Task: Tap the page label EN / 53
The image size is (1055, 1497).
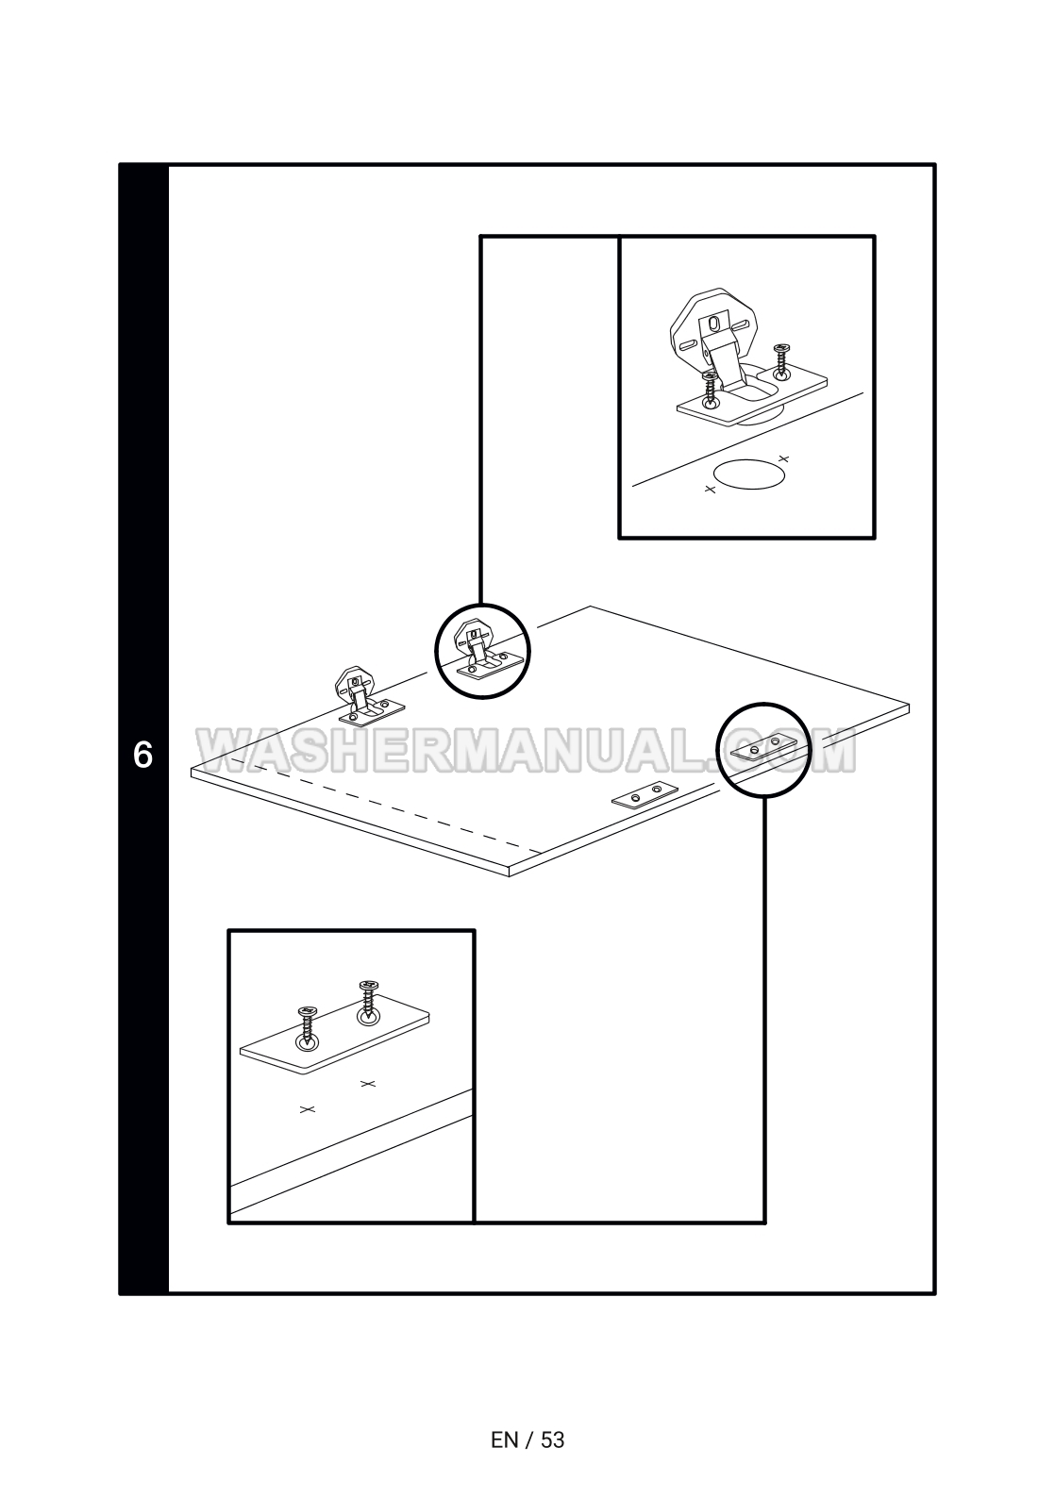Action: click(527, 1439)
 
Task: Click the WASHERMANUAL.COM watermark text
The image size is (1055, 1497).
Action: click(527, 751)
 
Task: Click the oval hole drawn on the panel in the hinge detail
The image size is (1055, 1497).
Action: click(749, 474)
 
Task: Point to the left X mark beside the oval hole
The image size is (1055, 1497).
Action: click(711, 490)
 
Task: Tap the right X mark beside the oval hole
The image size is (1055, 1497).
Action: click(783, 459)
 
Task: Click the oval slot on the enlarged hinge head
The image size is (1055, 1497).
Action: click(714, 323)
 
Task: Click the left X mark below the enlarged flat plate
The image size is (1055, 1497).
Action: click(306, 1109)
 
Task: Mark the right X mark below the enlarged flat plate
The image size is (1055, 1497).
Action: click(368, 1083)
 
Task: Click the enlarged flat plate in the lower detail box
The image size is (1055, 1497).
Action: click(335, 1040)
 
